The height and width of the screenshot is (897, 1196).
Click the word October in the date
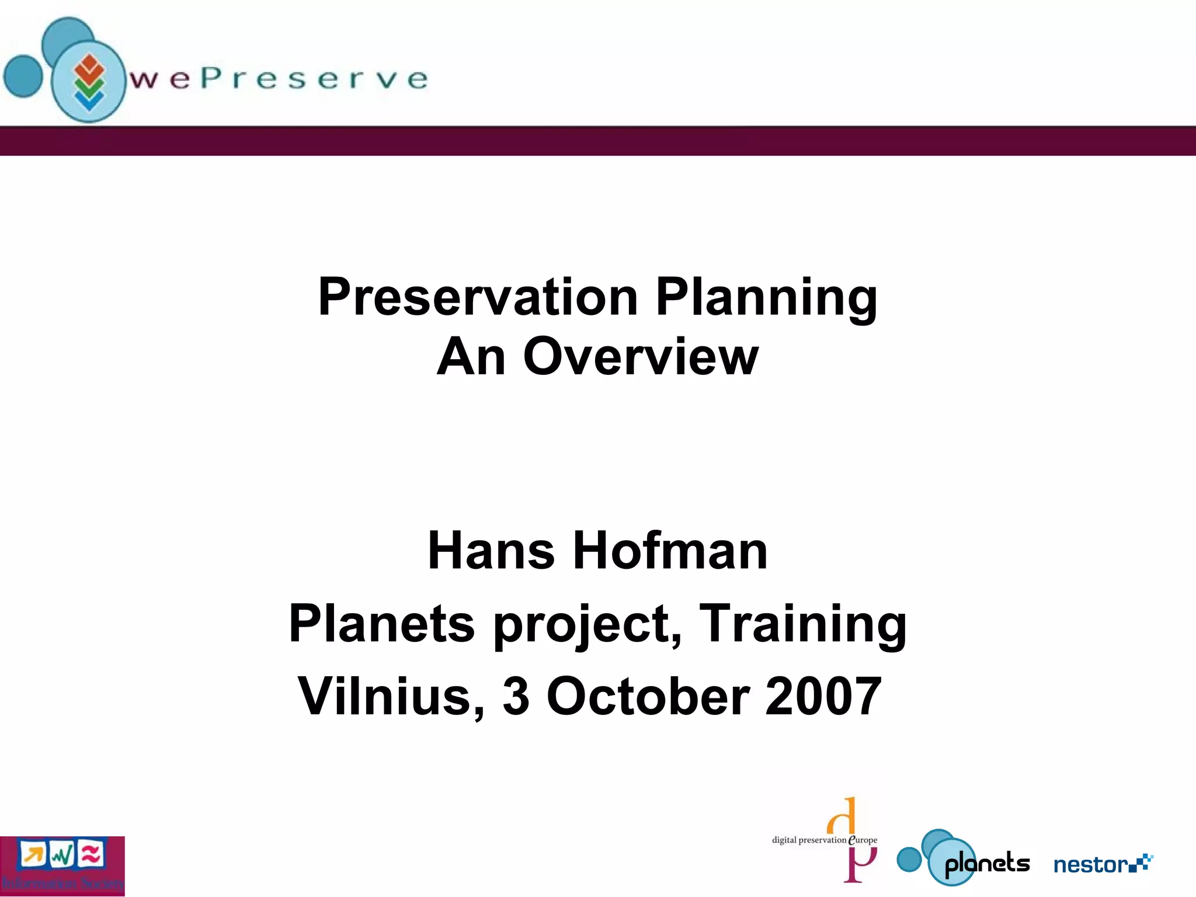click(648, 696)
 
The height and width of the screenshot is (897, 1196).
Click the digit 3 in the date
click(516, 696)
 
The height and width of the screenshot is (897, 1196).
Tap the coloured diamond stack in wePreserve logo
click(89, 82)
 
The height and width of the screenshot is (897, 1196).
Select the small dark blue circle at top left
click(23, 76)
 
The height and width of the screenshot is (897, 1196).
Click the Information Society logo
click(62, 866)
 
